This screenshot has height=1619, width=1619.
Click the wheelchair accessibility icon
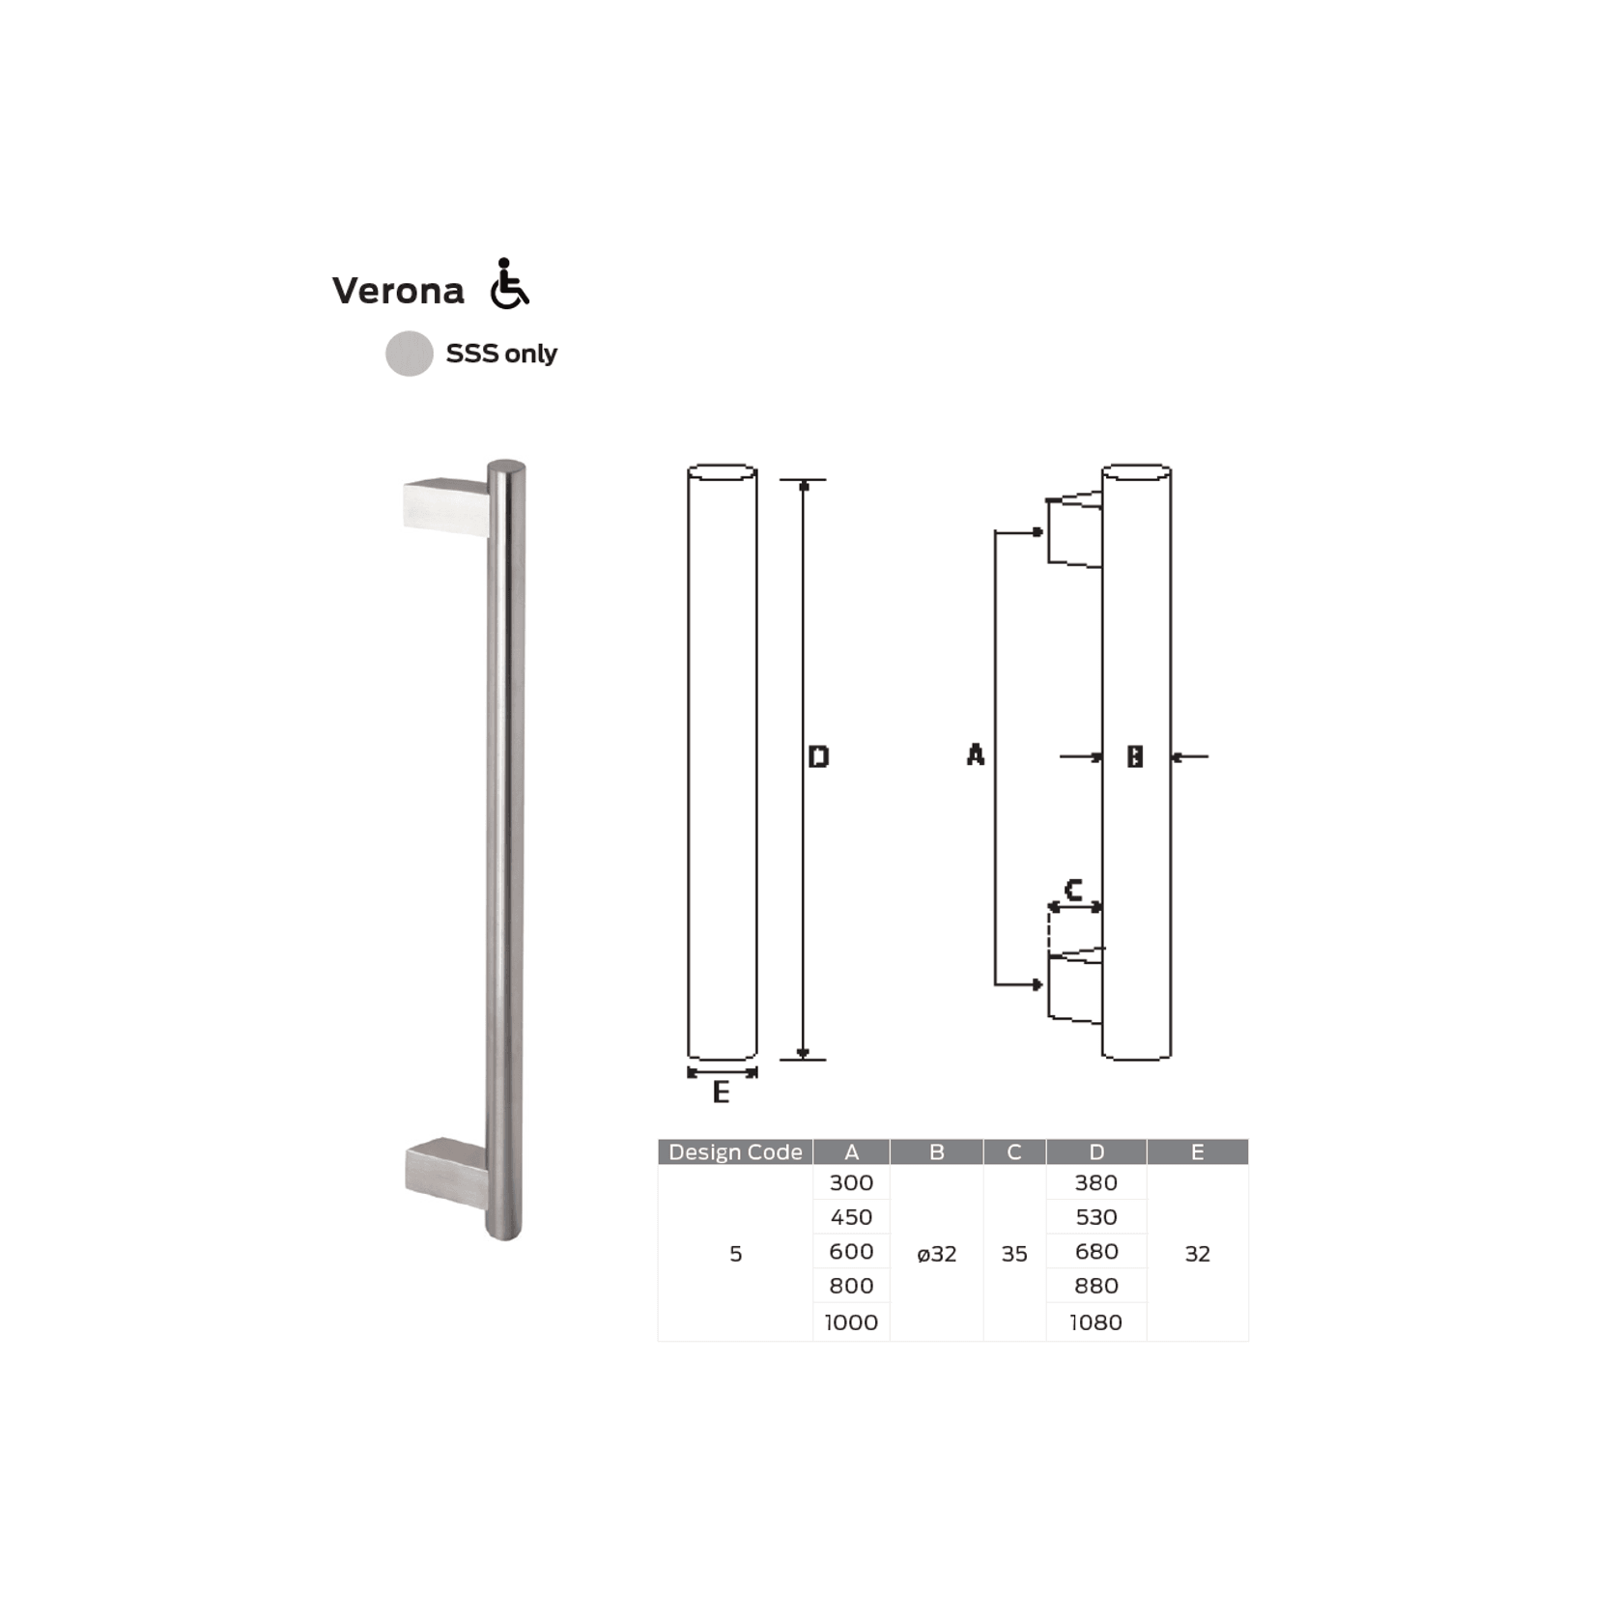[508, 284]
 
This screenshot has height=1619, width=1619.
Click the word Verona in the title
[398, 291]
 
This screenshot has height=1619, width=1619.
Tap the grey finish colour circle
[409, 354]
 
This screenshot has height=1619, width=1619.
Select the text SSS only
[500, 354]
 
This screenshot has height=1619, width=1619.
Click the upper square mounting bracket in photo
[444, 506]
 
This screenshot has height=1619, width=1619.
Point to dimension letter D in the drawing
[818, 756]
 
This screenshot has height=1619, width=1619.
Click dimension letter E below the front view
[721, 1093]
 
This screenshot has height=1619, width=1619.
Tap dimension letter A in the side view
[975, 754]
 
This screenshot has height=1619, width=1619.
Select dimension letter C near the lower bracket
[1072, 889]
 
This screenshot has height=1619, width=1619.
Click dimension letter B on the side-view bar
[1135, 756]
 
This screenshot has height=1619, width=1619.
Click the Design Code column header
[735, 1151]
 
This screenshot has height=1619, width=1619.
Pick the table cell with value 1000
[851, 1322]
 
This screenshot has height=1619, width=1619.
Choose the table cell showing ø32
[936, 1254]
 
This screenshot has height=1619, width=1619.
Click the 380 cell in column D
[1095, 1182]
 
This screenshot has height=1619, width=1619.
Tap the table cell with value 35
[1014, 1254]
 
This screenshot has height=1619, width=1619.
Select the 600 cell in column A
[851, 1251]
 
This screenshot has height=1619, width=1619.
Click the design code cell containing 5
[735, 1254]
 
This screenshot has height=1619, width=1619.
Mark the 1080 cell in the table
[1095, 1322]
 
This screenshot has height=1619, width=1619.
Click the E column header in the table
[1197, 1151]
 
